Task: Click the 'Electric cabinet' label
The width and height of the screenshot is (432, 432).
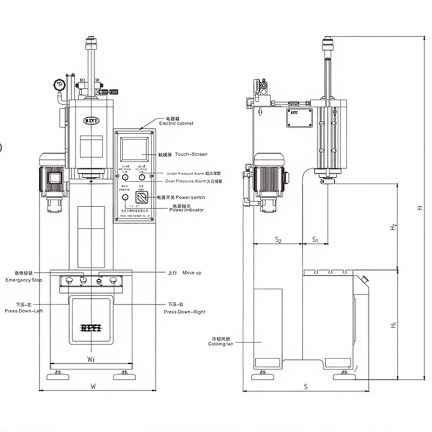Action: (x=176, y=123)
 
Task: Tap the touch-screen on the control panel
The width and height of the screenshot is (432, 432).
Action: (x=135, y=149)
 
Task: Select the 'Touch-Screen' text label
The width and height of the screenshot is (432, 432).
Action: (x=191, y=154)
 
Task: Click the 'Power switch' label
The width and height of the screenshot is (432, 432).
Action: (x=190, y=197)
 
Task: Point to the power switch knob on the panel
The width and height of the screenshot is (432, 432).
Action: (x=142, y=197)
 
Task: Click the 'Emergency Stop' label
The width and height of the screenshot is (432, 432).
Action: (x=24, y=280)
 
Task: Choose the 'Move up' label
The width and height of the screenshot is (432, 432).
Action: (x=192, y=273)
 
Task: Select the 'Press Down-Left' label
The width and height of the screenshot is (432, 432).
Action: (x=24, y=311)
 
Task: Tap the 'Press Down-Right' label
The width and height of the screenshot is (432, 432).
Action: (x=184, y=312)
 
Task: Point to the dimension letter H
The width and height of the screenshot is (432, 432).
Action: (x=420, y=208)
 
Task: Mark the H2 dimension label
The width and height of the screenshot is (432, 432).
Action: (x=394, y=227)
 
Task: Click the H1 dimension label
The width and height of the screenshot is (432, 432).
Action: (x=394, y=325)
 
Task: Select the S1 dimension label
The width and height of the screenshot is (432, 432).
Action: (x=315, y=240)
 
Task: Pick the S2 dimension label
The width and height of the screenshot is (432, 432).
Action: (x=278, y=240)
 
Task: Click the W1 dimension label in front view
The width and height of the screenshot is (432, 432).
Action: (x=91, y=359)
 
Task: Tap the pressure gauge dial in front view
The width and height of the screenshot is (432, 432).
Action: (x=59, y=85)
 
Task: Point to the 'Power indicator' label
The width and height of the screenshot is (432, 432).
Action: (x=186, y=210)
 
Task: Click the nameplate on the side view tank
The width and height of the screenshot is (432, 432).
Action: (x=300, y=117)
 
